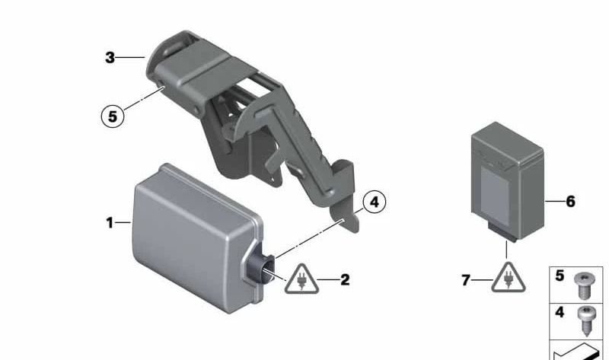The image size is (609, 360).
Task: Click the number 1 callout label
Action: (110, 223)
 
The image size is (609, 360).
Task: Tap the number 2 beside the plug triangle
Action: (345, 280)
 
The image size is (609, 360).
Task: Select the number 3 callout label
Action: (110, 57)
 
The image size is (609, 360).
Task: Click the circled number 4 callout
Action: (373, 202)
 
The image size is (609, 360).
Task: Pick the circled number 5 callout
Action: (112, 116)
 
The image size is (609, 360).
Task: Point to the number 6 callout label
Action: (570, 202)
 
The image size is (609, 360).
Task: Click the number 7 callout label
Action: (465, 281)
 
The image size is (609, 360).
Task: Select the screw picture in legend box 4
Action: (587, 319)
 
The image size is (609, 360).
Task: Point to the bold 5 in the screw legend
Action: (560, 276)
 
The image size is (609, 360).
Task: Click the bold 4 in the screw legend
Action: (560, 312)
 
